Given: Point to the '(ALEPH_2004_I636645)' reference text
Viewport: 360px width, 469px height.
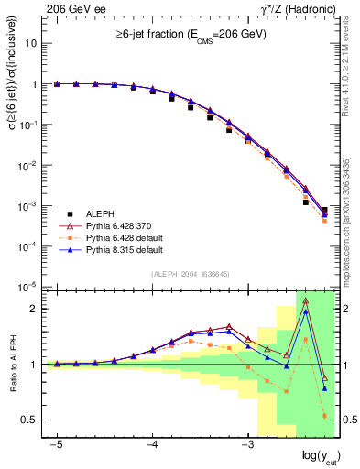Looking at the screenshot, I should [x=189, y=273].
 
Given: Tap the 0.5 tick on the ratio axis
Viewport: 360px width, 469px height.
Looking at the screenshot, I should [x=29, y=420].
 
